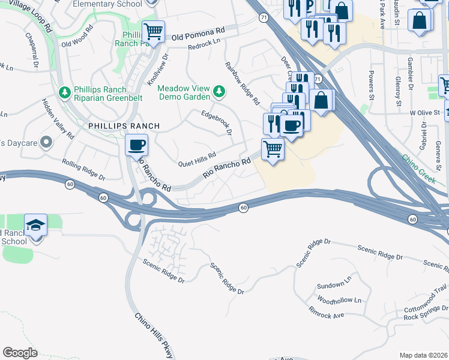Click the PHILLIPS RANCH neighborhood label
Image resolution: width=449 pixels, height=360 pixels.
pyautogui.click(x=124, y=126)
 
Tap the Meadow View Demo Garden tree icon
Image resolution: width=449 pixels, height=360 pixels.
pyautogui.click(x=220, y=92)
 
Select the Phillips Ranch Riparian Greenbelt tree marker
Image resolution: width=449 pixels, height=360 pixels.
pyautogui.click(x=64, y=92)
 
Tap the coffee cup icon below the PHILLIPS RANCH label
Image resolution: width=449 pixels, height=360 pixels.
pyautogui.click(x=136, y=145)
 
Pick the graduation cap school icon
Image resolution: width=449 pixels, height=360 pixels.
pyautogui.click(x=36, y=226)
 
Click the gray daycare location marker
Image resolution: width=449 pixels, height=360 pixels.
pyautogui.click(x=47, y=143)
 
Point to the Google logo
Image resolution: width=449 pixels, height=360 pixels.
pyautogui.click(x=20, y=353)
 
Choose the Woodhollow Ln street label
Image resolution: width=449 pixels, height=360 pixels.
pyautogui.click(x=339, y=300)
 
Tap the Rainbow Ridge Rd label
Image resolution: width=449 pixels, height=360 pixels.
pyautogui.click(x=242, y=82)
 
